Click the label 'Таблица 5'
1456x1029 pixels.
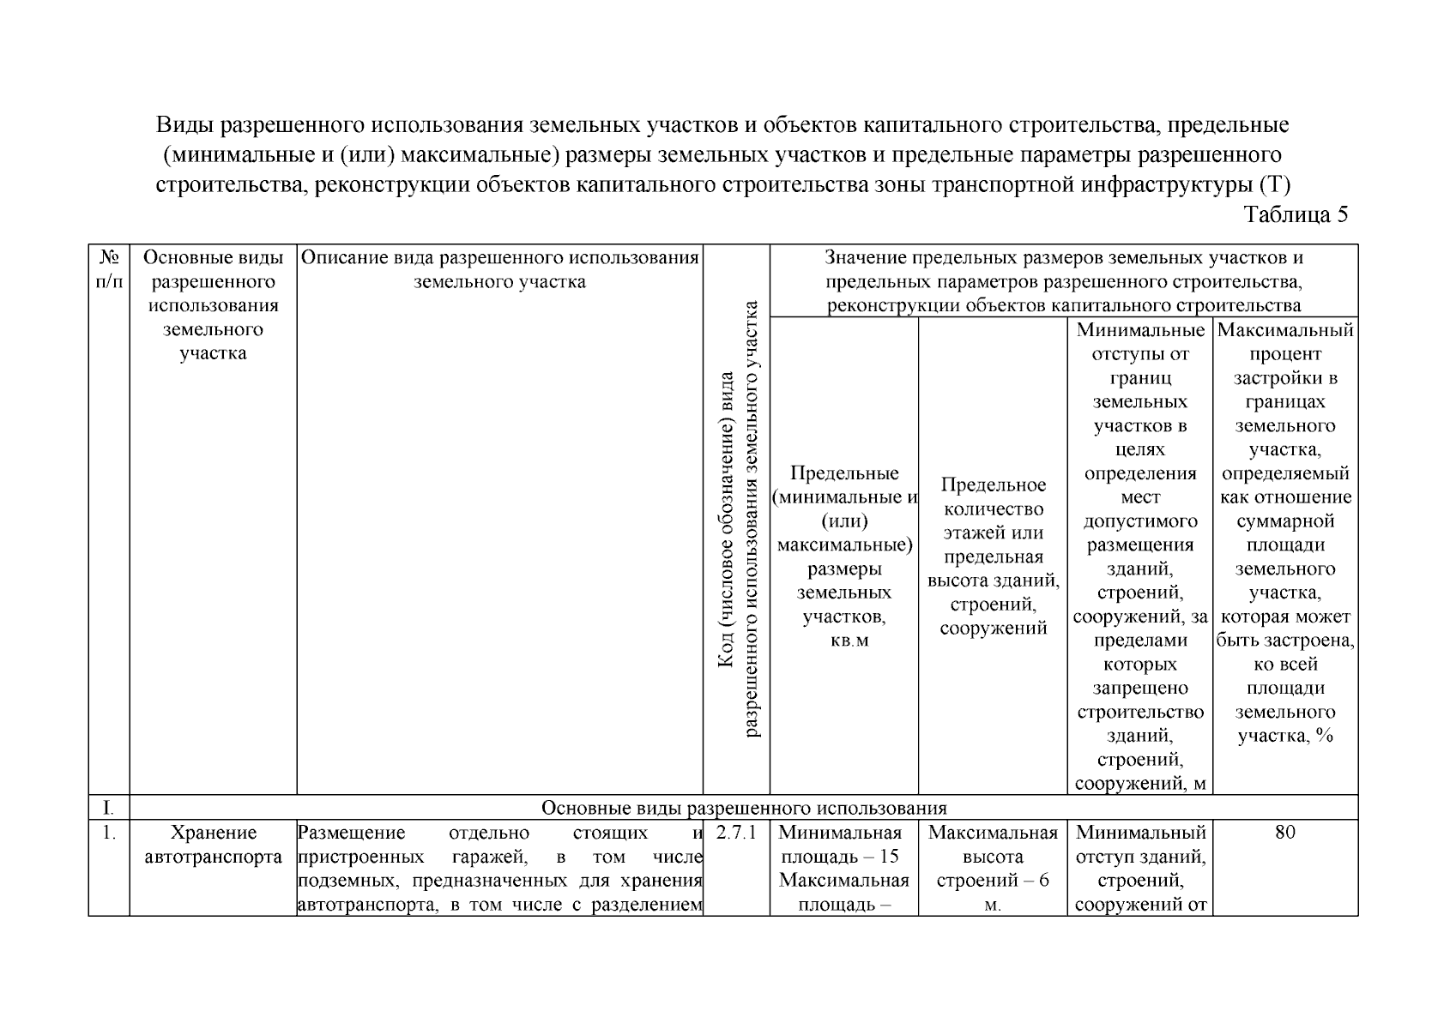click(x=1296, y=215)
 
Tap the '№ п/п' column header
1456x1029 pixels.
click(x=109, y=269)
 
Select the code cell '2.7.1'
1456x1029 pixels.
click(x=735, y=833)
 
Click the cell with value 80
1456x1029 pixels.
click(x=1284, y=833)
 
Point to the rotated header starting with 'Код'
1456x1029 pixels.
click(x=737, y=518)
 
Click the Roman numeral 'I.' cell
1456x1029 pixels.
click(x=108, y=808)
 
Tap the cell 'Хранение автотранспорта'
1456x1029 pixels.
click(x=213, y=845)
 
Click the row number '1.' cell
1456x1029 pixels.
click(x=108, y=833)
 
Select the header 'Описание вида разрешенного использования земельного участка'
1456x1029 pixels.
click(x=499, y=269)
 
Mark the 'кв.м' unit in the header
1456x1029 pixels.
click(x=844, y=641)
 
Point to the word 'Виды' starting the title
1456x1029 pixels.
click(x=185, y=125)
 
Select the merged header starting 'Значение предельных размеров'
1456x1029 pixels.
click(x=1063, y=281)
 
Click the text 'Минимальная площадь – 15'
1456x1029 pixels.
click(x=843, y=845)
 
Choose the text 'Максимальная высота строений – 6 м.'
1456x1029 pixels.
click(x=993, y=868)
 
